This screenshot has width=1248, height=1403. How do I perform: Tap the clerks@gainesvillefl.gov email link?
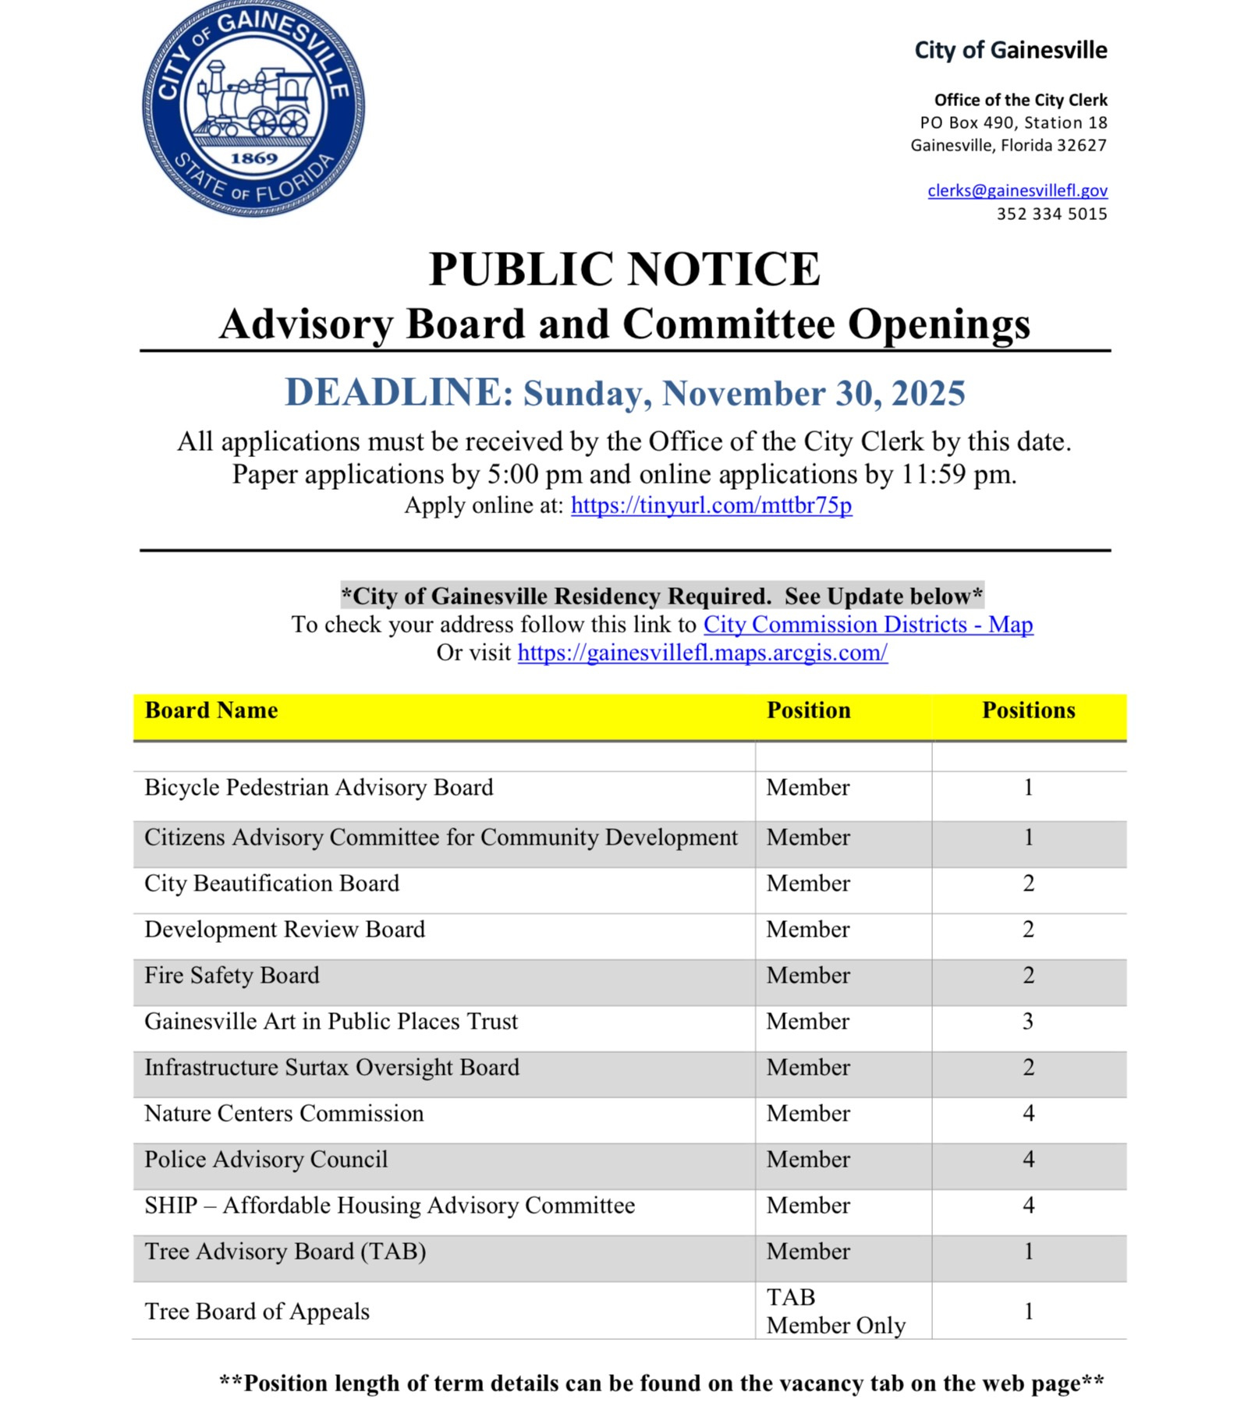[x=1017, y=190]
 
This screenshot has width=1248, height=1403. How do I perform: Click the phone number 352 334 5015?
[x=1051, y=214]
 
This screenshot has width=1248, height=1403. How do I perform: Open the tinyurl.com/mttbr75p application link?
[x=711, y=505]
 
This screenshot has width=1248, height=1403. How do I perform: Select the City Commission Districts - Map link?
[x=867, y=625]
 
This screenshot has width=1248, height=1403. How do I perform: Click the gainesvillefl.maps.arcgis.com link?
[x=702, y=653]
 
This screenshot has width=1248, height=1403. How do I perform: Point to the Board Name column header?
[x=211, y=710]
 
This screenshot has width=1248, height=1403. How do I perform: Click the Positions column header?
[x=1028, y=710]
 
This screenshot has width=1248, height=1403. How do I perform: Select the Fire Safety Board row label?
[x=232, y=976]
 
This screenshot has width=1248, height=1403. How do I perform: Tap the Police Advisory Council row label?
[x=266, y=1160]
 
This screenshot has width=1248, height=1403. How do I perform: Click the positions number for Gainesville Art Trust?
[x=1028, y=1022]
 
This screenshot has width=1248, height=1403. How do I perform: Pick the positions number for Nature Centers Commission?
[x=1028, y=1114]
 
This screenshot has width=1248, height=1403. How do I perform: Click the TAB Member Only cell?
[x=835, y=1312]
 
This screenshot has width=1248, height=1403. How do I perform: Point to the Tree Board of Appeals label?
[x=257, y=1312]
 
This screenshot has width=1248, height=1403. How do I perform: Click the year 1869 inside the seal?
[x=253, y=158]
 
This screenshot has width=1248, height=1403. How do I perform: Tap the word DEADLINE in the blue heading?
[x=399, y=392]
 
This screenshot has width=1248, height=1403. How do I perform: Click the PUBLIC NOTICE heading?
[x=624, y=270]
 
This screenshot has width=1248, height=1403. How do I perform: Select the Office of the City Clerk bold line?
[x=1020, y=100]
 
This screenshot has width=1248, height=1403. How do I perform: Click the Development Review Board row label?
[x=285, y=930]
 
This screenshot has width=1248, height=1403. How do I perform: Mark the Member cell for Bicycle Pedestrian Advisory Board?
[x=807, y=788]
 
